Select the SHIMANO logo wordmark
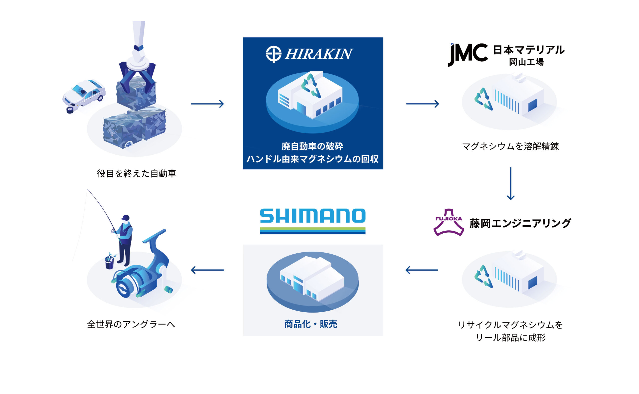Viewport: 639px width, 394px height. tap(312, 216)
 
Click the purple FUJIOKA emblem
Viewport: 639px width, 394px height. tap(449, 222)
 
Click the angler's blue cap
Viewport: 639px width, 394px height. tap(126, 217)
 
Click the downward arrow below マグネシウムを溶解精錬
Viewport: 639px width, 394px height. tap(510, 183)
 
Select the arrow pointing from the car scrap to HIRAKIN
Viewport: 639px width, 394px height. tap(207, 104)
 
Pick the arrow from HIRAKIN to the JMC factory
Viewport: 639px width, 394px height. tap(422, 104)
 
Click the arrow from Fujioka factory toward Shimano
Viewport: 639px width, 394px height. tap(422, 270)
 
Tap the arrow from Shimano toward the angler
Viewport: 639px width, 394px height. tap(207, 270)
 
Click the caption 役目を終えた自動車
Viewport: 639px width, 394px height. tap(136, 174)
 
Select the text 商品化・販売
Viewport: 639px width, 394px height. tap(311, 324)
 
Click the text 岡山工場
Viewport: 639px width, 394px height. tap(526, 62)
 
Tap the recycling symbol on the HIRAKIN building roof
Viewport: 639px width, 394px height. tap(311, 86)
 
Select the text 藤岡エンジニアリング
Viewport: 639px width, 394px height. tap(520, 224)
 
